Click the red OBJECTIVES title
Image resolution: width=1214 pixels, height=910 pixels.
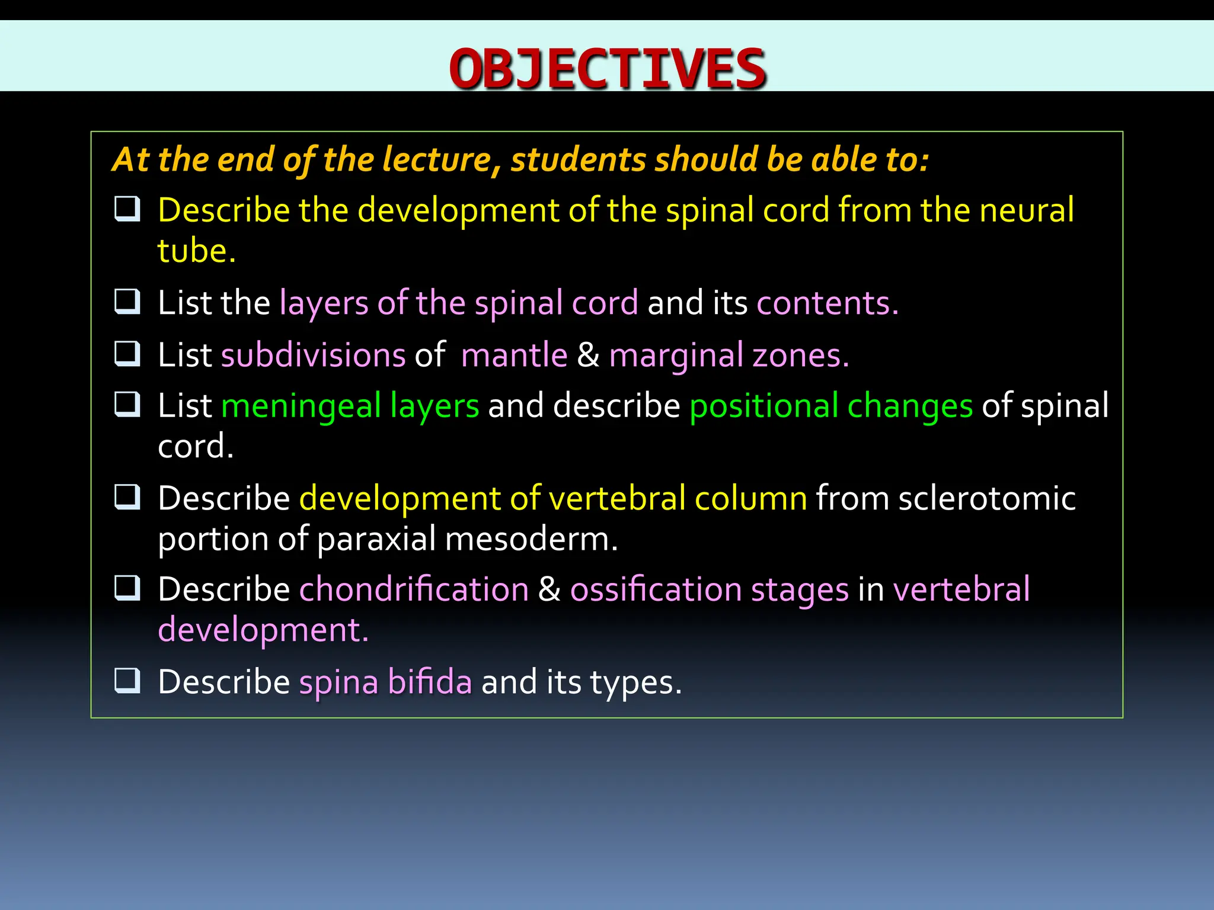(x=608, y=69)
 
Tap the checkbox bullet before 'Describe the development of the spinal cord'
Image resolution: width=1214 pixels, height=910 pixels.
(x=127, y=209)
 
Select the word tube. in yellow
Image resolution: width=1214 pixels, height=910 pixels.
(x=196, y=251)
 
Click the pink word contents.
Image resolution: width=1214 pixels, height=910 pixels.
(x=827, y=303)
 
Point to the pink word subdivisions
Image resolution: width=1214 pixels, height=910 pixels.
(x=313, y=355)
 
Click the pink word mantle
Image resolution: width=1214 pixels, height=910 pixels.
(x=514, y=355)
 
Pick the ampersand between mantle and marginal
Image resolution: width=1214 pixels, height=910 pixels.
(x=588, y=355)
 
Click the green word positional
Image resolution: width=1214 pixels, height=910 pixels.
(x=763, y=407)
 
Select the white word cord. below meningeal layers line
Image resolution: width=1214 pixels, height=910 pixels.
(x=196, y=447)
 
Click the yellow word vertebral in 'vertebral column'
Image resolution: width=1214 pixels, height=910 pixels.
(x=617, y=498)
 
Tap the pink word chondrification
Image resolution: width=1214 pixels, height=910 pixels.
(x=414, y=590)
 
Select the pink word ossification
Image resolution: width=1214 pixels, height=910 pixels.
(x=656, y=590)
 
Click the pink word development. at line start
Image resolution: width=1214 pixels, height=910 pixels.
(x=263, y=630)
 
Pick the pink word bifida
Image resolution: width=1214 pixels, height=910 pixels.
(x=430, y=682)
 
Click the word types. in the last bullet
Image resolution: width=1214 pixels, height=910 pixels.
(x=635, y=682)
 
